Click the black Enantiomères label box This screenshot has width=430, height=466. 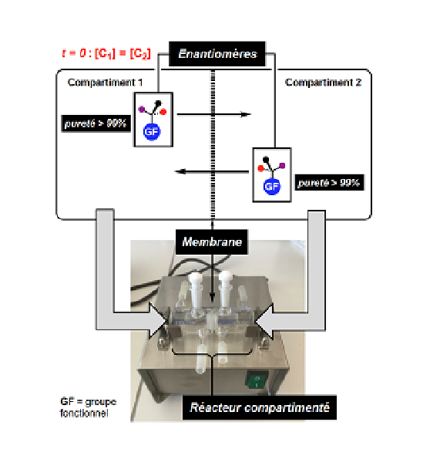tap(217, 54)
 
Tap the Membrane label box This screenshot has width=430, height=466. tap(212, 242)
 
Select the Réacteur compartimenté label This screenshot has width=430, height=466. tap(260, 407)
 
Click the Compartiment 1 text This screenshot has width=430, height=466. tap(105, 83)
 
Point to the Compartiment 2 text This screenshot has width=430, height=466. tap(323, 83)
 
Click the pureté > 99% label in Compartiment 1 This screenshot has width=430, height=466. tap(96, 123)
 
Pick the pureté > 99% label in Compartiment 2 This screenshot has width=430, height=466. tap(329, 182)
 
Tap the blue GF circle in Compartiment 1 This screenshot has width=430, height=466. tap(152, 132)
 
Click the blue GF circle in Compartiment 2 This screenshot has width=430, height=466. tap(272, 187)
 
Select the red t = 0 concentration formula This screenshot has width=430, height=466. tap(106, 53)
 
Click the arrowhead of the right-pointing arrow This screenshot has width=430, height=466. tap(246, 114)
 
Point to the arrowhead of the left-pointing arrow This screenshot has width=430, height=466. tap(180, 171)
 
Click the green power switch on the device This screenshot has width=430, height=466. tap(257, 380)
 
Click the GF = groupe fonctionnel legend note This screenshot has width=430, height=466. tap(88, 407)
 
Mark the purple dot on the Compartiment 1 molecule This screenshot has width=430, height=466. tap(142, 110)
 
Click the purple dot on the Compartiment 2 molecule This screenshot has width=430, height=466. tap(282, 166)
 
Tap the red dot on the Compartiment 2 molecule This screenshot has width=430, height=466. tap(260, 168)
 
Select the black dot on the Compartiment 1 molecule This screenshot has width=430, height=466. tap(158, 103)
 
